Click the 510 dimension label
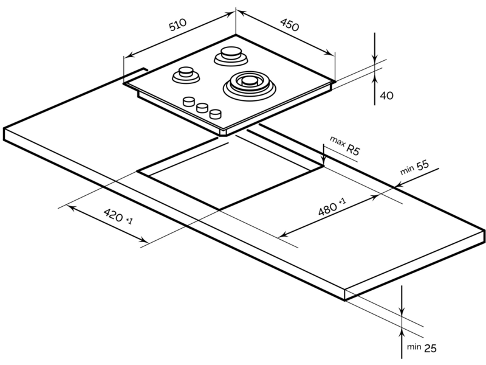178,24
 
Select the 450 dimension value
290,25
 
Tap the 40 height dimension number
386,96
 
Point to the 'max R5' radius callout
345,145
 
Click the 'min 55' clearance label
414,167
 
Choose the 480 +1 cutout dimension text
332,207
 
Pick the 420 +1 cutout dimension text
118,216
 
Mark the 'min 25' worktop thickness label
422,347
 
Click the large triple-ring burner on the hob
249,85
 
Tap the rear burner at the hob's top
231,56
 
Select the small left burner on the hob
186,75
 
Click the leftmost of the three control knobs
188,102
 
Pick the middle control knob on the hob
202,108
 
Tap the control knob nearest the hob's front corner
216,114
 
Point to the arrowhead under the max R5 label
324,161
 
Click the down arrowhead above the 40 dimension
375,58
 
